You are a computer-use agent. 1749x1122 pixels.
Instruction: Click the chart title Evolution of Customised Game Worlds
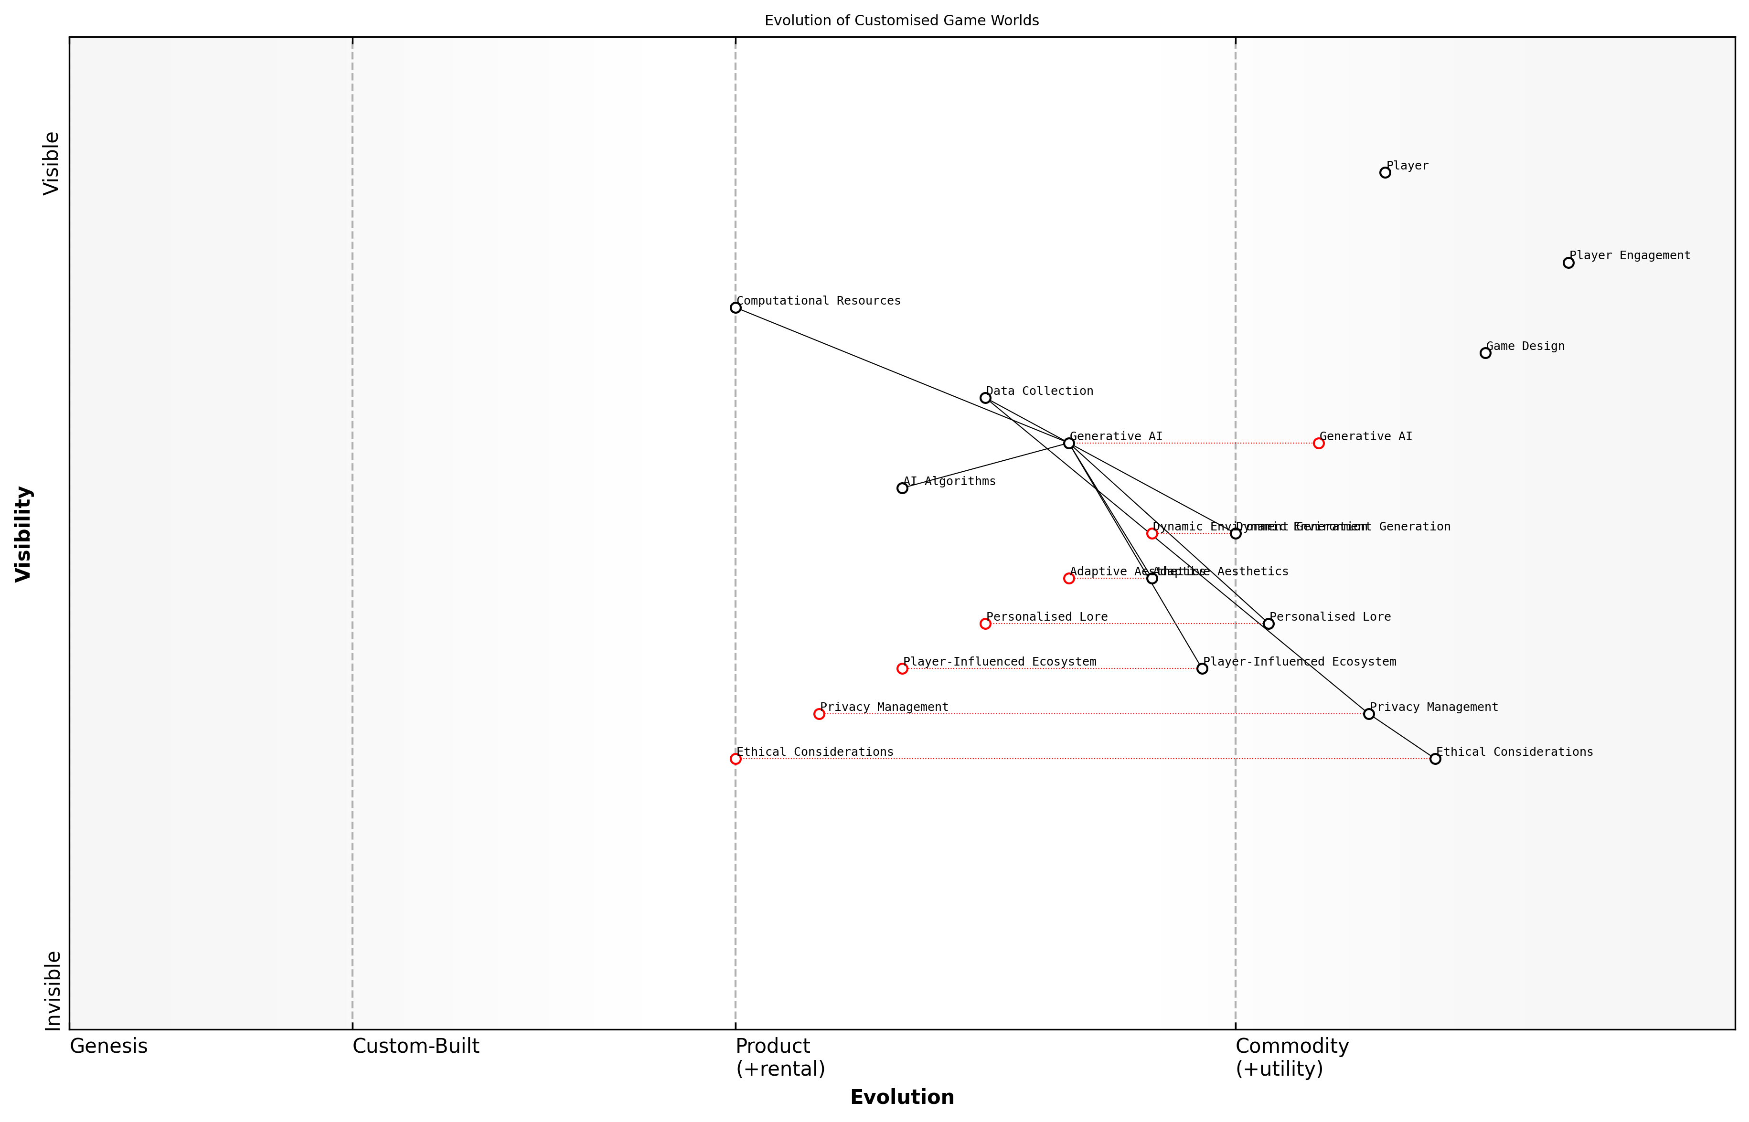901,21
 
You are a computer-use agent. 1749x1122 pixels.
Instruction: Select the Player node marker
1385,173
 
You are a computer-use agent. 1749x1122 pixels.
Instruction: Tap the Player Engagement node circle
1568,263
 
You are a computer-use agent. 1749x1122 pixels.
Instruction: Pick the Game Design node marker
1485,353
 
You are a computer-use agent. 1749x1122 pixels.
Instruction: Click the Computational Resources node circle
736,307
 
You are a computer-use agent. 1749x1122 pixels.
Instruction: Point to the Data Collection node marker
985,398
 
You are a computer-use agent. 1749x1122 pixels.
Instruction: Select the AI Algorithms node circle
902,488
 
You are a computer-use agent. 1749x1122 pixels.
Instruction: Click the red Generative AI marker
1318,443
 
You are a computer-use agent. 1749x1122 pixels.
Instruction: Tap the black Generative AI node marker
1069,443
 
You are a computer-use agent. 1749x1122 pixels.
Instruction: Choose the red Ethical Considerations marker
736,759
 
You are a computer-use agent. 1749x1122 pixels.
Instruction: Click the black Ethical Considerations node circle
1435,759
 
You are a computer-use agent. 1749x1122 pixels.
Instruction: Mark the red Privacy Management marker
819,714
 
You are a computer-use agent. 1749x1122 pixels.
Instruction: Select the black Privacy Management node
1369,714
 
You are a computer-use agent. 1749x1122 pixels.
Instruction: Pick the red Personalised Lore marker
985,624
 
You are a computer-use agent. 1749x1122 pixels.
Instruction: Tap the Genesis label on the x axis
108,1046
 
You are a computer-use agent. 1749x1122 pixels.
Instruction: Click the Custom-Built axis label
416,1046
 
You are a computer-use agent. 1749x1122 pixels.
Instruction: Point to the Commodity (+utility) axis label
1291,1057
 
